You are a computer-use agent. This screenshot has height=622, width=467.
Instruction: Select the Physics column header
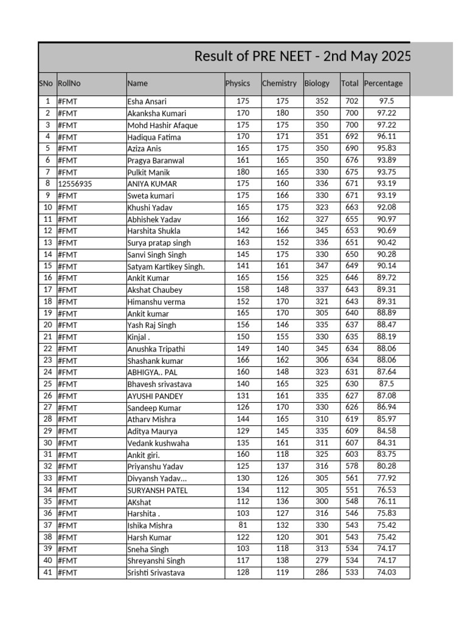pyautogui.click(x=237, y=83)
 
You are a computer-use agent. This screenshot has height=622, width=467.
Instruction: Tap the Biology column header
pyautogui.click(x=317, y=83)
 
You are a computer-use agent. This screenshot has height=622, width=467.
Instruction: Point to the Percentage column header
pyautogui.click(x=383, y=83)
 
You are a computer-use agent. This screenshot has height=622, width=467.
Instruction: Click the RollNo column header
pyautogui.click(x=69, y=83)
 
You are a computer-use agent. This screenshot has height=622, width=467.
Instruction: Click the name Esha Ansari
pyautogui.click(x=147, y=101)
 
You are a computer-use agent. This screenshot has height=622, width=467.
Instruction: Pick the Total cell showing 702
pyautogui.click(x=351, y=101)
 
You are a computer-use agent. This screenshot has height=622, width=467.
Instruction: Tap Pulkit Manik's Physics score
pyautogui.click(x=243, y=172)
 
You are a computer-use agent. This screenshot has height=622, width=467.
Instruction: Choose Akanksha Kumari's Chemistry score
pyautogui.click(x=282, y=113)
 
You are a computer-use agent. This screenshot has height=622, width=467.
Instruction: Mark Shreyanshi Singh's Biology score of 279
pyautogui.click(x=322, y=561)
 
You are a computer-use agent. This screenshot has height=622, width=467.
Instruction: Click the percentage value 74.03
pyautogui.click(x=386, y=572)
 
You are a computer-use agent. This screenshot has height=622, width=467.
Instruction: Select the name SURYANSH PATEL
pyautogui.click(x=157, y=490)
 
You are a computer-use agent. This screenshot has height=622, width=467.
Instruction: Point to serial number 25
pyautogui.click(x=47, y=384)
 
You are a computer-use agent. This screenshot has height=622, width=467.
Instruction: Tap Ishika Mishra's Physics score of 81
pyautogui.click(x=243, y=525)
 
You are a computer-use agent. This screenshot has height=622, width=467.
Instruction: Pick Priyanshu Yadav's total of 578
pyautogui.click(x=351, y=466)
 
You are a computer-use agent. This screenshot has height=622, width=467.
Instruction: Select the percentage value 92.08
pyautogui.click(x=386, y=207)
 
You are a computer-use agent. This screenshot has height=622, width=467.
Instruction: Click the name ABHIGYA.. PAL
pyautogui.click(x=152, y=372)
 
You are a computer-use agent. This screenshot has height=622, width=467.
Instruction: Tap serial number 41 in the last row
pyautogui.click(x=47, y=572)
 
